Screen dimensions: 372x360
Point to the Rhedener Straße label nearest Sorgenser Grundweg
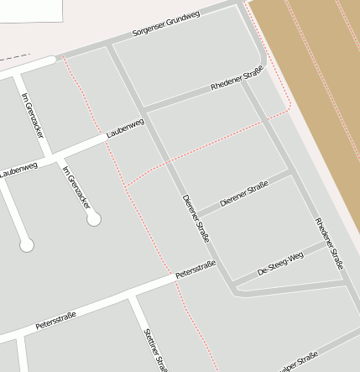(237, 81)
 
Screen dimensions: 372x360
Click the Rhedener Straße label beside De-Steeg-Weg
(330, 243)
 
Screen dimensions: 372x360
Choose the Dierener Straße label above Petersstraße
(196, 218)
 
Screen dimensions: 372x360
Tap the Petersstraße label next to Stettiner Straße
(55, 320)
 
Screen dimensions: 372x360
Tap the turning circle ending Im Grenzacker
(94, 219)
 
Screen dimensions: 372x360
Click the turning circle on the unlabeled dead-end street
(27, 245)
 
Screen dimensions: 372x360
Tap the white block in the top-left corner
(30, 10)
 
